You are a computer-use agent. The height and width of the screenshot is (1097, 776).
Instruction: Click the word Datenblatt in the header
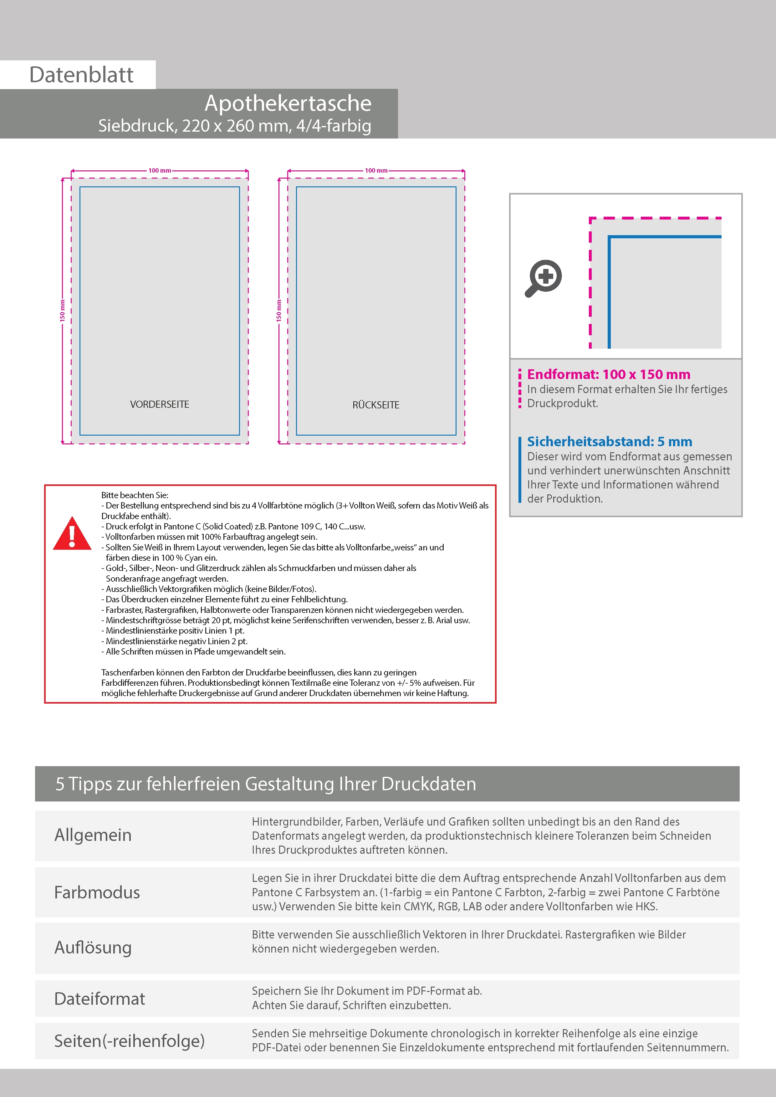(81, 75)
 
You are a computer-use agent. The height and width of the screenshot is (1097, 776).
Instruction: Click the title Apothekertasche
(288, 103)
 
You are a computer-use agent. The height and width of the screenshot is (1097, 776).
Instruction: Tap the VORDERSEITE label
(159, 404)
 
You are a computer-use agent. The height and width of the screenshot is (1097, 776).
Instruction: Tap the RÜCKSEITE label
(376, 405)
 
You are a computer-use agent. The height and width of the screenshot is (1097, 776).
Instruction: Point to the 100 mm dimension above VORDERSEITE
(159, 170)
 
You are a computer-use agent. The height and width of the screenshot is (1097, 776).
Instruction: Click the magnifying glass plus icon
(544, 278)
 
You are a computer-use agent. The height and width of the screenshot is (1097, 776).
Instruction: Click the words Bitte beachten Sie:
(135, 495)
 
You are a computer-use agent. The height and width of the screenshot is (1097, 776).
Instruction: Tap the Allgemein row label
(93, 835)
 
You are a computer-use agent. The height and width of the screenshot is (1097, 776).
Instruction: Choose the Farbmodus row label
(97, 892)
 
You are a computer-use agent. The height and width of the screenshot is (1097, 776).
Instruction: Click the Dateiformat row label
(100, 998)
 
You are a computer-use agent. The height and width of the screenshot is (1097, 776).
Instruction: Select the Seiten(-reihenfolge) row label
(129, 1041)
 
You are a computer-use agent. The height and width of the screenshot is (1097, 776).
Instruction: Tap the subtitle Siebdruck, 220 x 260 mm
(234, 126)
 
